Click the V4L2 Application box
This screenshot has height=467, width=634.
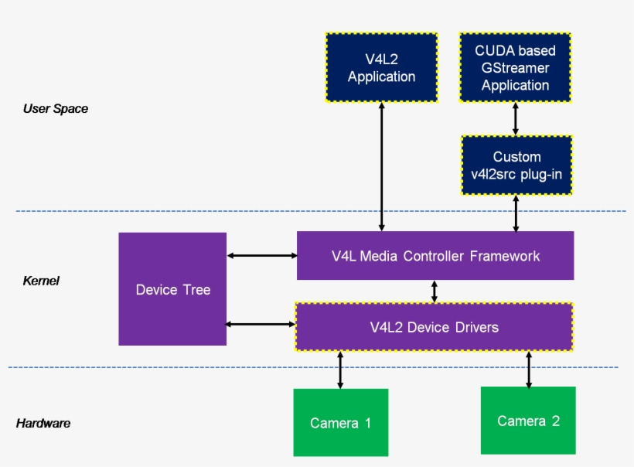pyautogui.click(x=381, y=68)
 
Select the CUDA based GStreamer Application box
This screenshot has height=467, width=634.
pyautogui.click(x=515, y=68)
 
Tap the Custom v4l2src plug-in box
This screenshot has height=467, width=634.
pyautogui.click(x=516, y=165)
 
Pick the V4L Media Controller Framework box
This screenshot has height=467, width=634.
pyautogui.click(x=435, y=255)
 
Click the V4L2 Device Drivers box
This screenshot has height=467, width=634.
pyautogui.click(x=434, y=327)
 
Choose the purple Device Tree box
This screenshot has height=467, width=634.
pyautogui.click(x=172, y=289)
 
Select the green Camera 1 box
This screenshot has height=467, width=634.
pyautogui.click(x=340, y=422)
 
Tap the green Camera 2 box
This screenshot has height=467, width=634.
pyautogui.click(x=528, y=421)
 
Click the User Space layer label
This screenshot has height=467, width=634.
pyautogui.click(x=56, y=109)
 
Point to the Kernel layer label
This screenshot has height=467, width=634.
pyautogui.click(x=41, y=281)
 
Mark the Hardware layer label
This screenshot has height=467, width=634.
pyautogui.click(x=43, y=424)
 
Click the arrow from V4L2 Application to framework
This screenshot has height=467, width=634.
pyautogui.click(x=381, y=167)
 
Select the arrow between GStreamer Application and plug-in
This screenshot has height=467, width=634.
pyautogui.click(x=516, y=119)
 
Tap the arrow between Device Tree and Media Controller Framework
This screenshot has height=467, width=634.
pyautogui.click(x=262, y=255)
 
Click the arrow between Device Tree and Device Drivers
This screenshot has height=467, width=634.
pyautogui.click(x=261, y=324)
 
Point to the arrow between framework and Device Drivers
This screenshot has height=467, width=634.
pyautogui.click(x=435, y=291)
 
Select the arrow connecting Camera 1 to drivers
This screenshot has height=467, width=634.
pyautogui.click(x=340, y=370)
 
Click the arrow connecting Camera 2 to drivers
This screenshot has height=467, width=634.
pyautogui.click(x=529, y=369)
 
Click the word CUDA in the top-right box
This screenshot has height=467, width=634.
pyautogui.click(x=496, y=51)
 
